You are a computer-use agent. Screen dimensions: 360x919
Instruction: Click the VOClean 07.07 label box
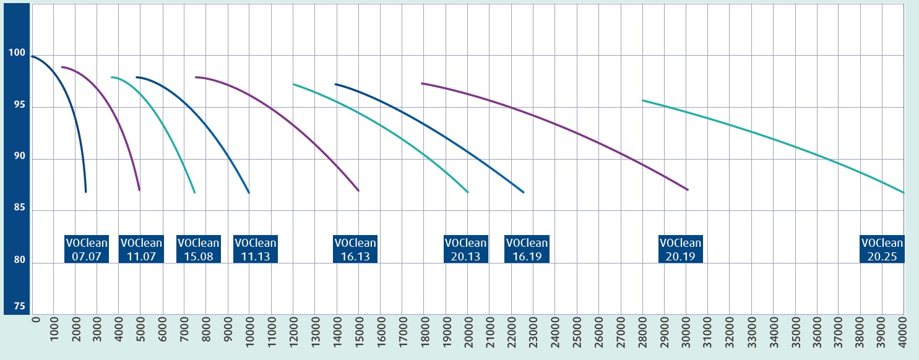point(87,249)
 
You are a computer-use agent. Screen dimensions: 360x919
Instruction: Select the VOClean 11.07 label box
point(141,249)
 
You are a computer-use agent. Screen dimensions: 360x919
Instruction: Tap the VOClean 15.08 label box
point(198,249)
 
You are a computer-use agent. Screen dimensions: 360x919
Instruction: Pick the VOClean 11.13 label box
point(256,249)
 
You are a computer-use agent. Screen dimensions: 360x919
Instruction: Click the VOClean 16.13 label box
point(355,249)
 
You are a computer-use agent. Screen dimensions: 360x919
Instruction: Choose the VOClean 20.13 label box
point(466,249)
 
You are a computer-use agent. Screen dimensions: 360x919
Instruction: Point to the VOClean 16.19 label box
point(527,249)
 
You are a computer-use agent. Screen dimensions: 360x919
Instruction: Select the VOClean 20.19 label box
point(681,249)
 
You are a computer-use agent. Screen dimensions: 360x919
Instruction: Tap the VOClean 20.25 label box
point(882,249)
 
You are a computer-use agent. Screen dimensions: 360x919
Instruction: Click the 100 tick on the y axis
point(17,54)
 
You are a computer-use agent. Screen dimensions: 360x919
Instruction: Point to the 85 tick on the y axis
point(17,210)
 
